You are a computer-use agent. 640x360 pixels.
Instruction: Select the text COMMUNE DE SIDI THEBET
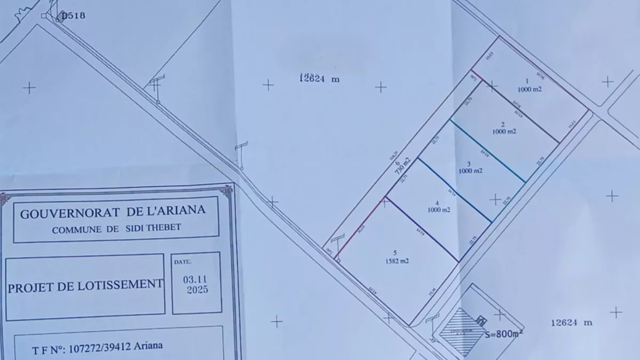tap(116, 229)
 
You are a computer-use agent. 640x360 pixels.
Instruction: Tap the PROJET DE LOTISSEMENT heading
tap(85, 285)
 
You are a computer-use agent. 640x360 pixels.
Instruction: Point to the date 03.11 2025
tap(196, 285)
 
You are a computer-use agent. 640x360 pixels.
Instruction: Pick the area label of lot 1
tap(529, 90)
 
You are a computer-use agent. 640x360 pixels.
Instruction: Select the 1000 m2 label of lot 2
tap(504, 131)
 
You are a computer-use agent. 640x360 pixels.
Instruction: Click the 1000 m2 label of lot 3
tap(470, 171)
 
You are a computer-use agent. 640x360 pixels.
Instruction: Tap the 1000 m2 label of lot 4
tap(438, 210)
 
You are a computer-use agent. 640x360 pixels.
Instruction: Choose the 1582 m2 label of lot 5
tap(397, 261)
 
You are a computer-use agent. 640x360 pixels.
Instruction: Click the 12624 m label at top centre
tap(319, 79)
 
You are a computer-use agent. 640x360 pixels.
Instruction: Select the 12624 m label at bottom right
tap(572, 323)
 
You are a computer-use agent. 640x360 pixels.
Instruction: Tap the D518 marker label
tap(73, 15)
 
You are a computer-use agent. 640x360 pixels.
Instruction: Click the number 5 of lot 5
tap(395, 253)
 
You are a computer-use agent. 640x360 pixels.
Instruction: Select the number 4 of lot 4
tap(437, 203)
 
